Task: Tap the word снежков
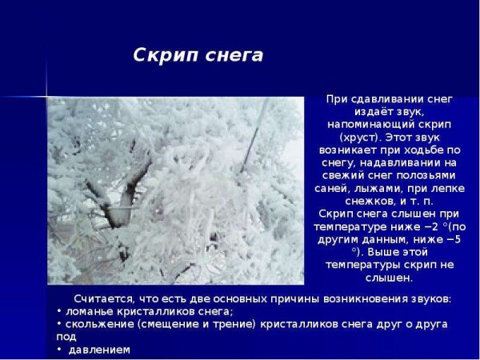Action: [353, 201]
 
